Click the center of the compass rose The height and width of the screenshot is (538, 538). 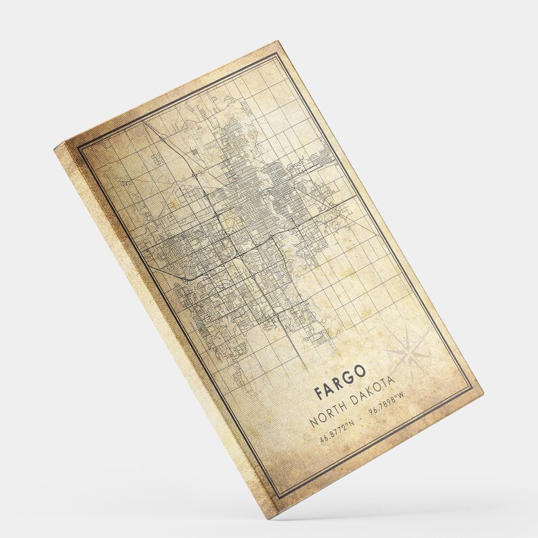click(409, 350)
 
